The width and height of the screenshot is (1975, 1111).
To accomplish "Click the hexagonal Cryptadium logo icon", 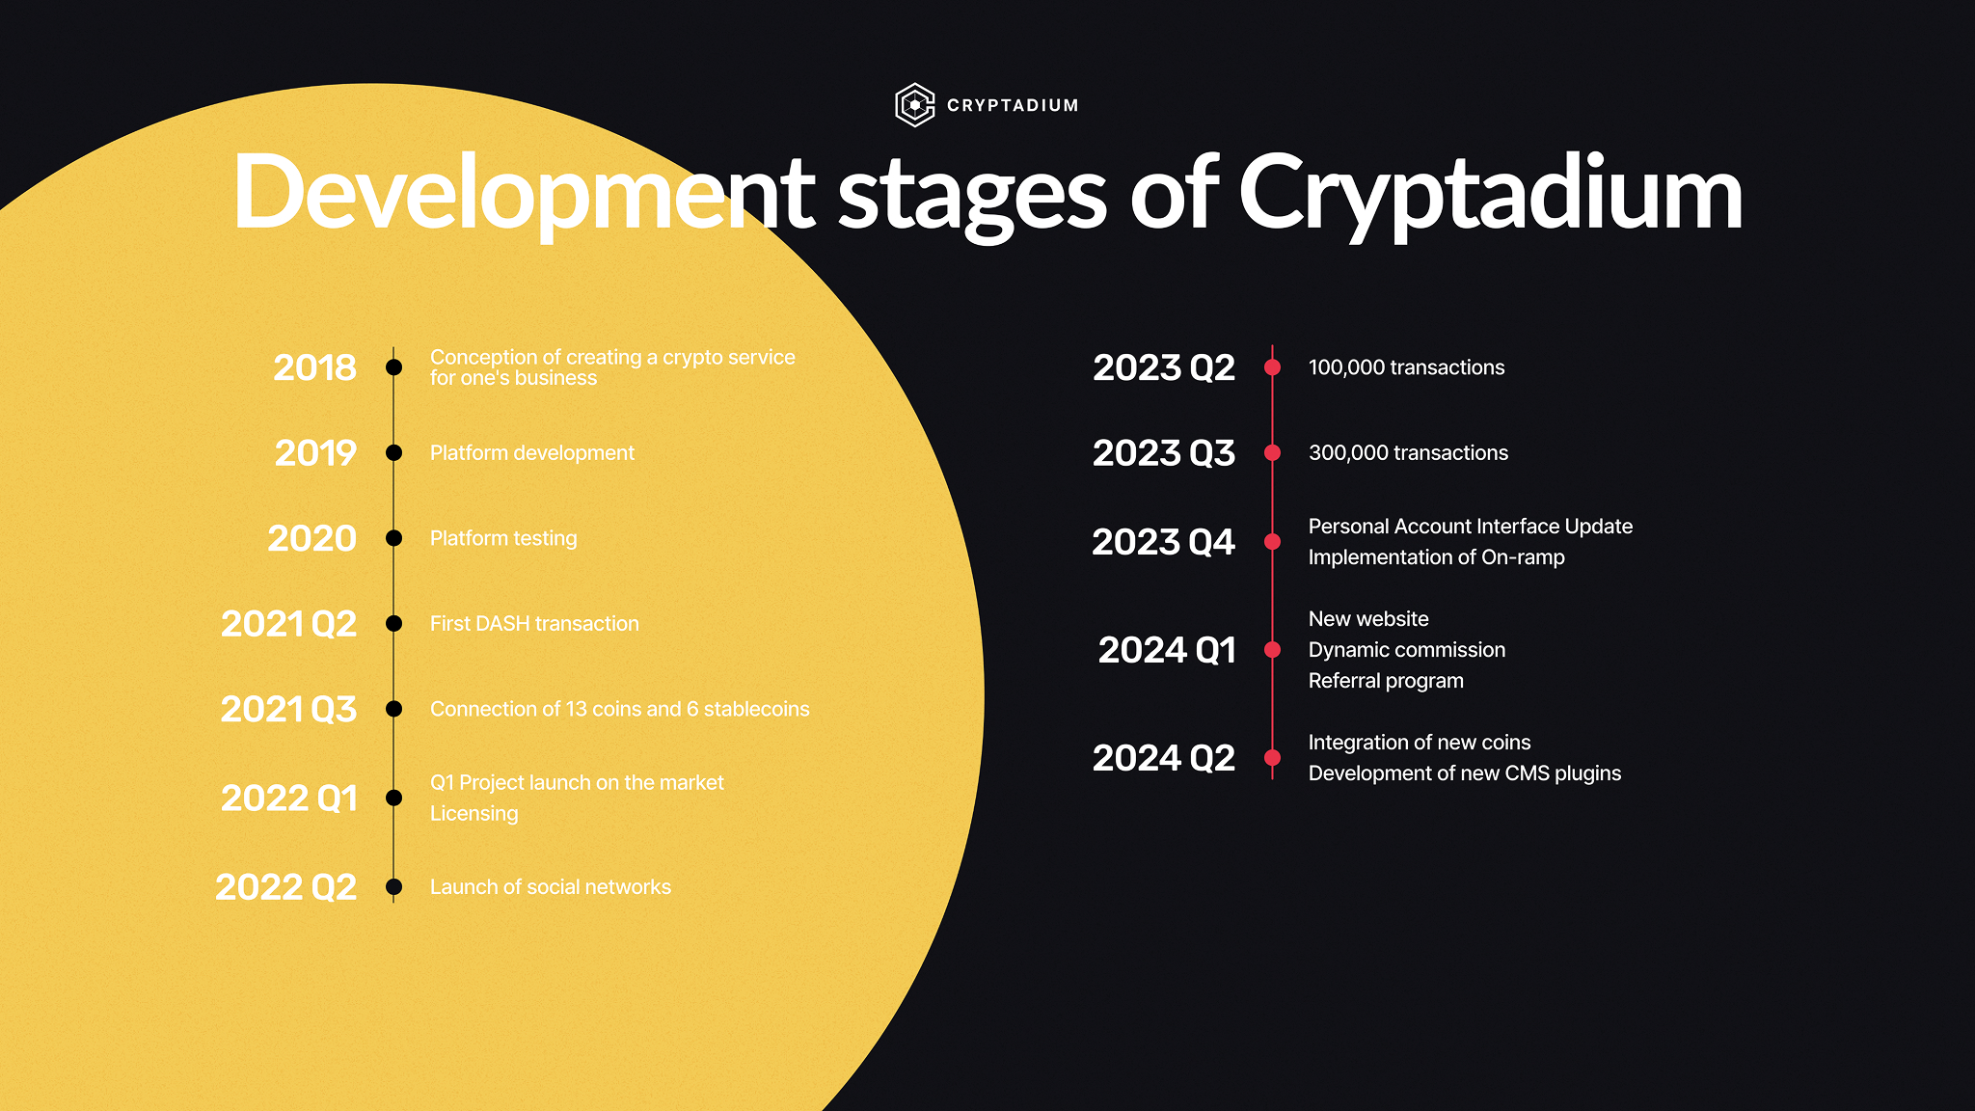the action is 915,105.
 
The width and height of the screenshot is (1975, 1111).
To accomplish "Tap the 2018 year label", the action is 314,367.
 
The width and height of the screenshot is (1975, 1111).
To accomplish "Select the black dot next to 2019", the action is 393,453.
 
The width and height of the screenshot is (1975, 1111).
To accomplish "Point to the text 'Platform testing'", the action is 503,538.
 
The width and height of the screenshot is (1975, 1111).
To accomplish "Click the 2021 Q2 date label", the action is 288,624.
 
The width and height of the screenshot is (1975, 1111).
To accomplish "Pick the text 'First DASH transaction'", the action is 534,624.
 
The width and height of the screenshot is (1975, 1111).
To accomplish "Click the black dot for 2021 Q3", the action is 393,709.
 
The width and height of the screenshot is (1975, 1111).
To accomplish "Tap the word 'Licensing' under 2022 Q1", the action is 473,814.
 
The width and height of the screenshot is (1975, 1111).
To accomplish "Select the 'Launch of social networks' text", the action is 551,887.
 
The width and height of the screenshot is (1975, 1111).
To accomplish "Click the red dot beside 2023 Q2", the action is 1273,367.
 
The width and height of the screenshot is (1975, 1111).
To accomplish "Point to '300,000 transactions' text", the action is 1408,453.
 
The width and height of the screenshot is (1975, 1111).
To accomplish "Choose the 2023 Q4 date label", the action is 1163,542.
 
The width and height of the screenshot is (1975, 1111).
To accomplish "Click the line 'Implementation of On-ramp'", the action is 1436,557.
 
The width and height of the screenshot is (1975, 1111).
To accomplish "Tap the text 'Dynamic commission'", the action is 1407,650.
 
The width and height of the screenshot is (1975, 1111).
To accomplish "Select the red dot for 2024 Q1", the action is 1273,650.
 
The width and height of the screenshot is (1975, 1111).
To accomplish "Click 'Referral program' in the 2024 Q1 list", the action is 1386,681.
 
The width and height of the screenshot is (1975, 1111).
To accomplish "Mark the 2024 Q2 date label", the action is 1163,758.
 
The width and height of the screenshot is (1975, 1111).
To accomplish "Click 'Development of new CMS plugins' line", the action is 1465,773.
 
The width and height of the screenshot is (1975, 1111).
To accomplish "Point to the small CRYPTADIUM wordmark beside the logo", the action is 1013,105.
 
